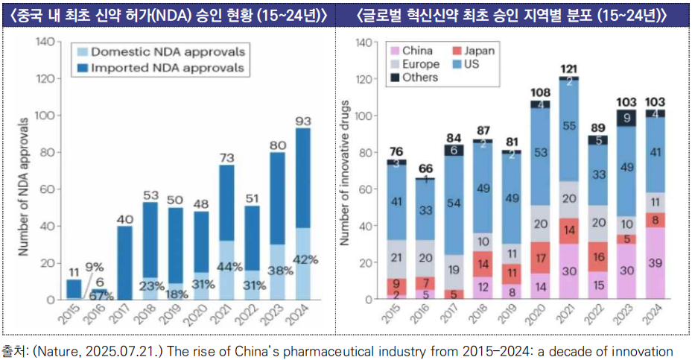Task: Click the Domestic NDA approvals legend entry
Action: [x=161, y=52]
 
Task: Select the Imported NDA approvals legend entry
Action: [x=161, y=68]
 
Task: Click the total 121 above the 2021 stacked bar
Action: [x=569, y=69]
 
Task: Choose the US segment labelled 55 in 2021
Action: [x=569, y=127]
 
